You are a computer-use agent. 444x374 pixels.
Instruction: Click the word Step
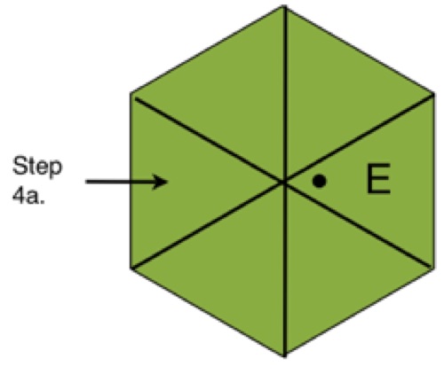pos(37,167)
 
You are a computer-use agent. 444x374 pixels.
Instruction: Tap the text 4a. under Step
pos(28,196)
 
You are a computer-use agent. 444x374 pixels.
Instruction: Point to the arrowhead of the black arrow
pos(168,182)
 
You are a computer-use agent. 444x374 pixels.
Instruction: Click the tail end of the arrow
pos(86,182)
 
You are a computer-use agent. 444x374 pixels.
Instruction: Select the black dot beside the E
pos(320,181)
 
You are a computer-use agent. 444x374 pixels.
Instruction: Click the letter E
pos(378,179)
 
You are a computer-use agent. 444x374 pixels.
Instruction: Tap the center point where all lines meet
pos(284,182)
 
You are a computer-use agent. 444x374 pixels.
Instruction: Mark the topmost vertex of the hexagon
pos(285,5)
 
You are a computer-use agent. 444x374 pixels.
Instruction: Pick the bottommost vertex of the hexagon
pos(285,357)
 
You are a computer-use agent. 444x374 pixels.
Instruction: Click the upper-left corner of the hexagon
pos(131,94)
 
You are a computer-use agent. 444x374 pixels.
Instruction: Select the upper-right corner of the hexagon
pos(434,94)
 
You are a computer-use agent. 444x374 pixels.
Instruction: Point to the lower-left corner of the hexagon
pos(131,269)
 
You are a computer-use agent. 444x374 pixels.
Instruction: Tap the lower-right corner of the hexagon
pos(434,269)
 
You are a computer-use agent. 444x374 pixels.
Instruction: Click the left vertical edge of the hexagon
pos(131,181)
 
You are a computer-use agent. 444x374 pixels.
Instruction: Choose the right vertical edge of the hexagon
pos(434,181)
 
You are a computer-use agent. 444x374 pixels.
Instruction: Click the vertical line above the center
pos(285,94)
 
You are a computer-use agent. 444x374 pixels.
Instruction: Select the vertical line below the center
pos(285,269)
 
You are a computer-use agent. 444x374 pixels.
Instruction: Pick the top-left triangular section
pos(234,95)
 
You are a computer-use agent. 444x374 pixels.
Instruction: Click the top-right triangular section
pos(335,95)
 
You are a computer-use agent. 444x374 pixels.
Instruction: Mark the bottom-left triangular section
pos(234,269)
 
